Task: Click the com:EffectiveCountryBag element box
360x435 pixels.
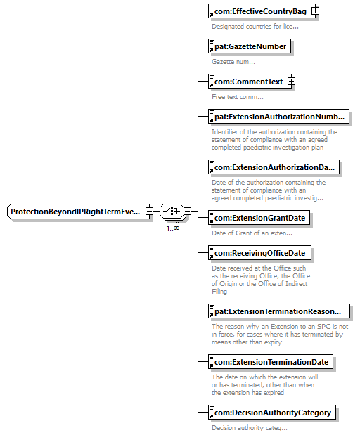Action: click(262, 11)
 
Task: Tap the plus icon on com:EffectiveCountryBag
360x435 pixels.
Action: click(315, 11)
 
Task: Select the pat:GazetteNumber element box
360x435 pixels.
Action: click(250, 46)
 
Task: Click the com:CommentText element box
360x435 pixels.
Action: click(250, 82)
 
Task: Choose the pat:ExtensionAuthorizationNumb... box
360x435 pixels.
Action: click(278, 117)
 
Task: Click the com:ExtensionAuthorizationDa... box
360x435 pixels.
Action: click(274, 167)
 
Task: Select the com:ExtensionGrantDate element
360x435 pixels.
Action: click(259, 218)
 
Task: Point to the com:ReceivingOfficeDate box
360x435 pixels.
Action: click(259, 253)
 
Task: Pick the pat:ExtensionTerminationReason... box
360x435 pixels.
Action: click(279, 311)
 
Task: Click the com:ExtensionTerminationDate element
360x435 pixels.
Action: click(271, 362)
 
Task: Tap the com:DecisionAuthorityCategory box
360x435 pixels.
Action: click(271, 413)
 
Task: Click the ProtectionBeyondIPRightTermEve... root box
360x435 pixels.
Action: click(78, 212)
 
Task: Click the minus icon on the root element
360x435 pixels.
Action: click(149, 212)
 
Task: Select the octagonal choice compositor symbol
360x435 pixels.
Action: click(172, 212)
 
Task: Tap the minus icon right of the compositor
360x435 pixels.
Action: click(188, 212)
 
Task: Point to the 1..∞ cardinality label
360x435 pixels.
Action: click(173, 228)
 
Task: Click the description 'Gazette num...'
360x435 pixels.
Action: click(233, 62)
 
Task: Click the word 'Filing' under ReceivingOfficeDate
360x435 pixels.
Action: click(219, 292)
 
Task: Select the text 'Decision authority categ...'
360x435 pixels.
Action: click(249, 428)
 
